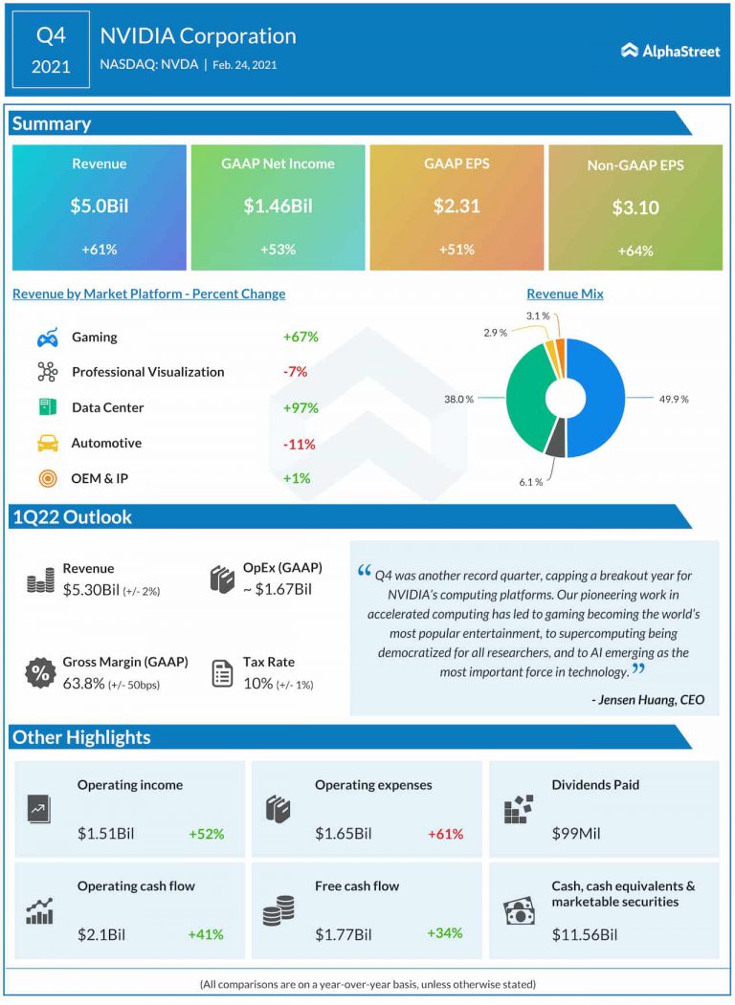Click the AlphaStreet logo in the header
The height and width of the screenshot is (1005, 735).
click(670, 51)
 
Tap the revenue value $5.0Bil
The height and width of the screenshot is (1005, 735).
click(100, 205)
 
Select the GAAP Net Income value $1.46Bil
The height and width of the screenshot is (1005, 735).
click(278, 205)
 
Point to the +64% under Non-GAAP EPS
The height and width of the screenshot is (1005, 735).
click(635, 251)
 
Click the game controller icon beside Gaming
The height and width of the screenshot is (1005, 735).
click(47, 338)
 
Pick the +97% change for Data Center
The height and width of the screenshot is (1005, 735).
click(300, 408)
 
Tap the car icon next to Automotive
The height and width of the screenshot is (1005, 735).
click(47, 444)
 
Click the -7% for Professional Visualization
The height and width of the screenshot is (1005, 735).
click(296, 373)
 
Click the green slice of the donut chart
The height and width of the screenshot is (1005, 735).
click(522, 402)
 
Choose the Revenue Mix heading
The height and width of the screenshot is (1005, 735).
click(565, 295)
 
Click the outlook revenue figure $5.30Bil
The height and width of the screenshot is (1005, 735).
click(91, 590)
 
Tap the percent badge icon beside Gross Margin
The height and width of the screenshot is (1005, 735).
click(40, 672)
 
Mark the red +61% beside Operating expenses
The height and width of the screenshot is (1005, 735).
click(445, 834)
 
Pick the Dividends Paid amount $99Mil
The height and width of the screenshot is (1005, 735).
click(576, 834)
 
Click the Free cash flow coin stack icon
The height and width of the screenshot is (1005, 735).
click(278, 910)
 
